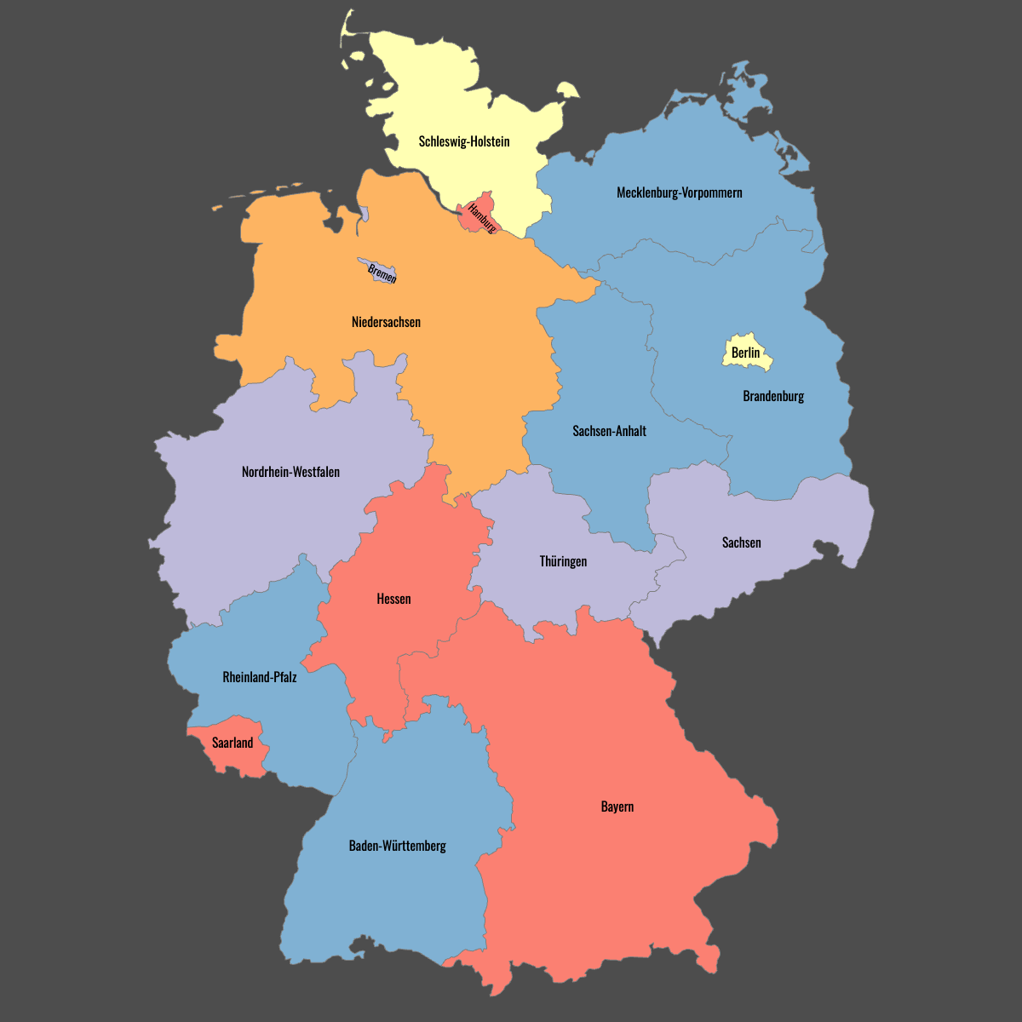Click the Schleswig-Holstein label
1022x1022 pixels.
pos(464,141)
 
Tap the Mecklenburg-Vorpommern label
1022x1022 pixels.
pos(679,192)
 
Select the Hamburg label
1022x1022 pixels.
pos(482,219)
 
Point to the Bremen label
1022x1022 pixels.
pos(382,273)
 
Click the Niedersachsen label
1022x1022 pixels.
pos(386,322)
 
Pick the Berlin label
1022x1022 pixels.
pos(745,353)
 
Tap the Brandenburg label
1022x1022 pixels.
pos(773,396)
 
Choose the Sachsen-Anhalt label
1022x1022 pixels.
pos(609,431)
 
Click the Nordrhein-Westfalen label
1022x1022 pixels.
pos(290,472)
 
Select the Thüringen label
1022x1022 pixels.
pos(563,561)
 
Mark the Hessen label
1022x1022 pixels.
pos(393,599)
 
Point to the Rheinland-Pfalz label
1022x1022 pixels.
pos(260,677)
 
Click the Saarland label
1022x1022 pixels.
pos(233,743)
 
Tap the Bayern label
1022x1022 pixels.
pos(617,807)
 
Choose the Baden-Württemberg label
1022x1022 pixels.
pos(397,846)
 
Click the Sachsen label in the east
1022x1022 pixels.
pos(741,543)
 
